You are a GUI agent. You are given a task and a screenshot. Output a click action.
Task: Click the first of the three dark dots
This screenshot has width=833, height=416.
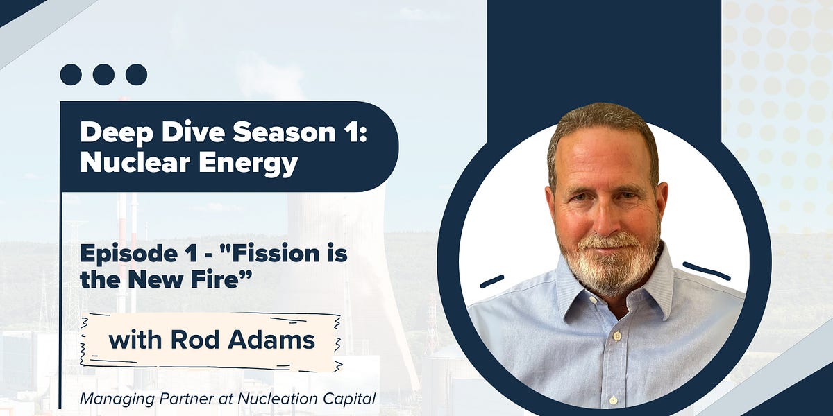coord(71,74)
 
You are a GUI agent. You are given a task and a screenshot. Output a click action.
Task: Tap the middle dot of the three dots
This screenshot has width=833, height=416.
coord(103,74)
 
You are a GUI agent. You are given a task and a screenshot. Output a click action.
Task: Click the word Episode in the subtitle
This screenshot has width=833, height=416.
coord(123,255)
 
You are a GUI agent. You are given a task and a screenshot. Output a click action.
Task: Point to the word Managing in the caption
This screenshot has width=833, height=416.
coord(110,399)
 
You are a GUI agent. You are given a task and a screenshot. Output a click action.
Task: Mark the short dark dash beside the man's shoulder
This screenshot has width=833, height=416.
coord(491,281)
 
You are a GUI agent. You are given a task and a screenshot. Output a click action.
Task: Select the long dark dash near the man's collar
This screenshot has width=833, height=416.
coord(706,270)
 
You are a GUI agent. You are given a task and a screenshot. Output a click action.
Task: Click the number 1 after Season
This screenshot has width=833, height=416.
coord(353,132)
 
